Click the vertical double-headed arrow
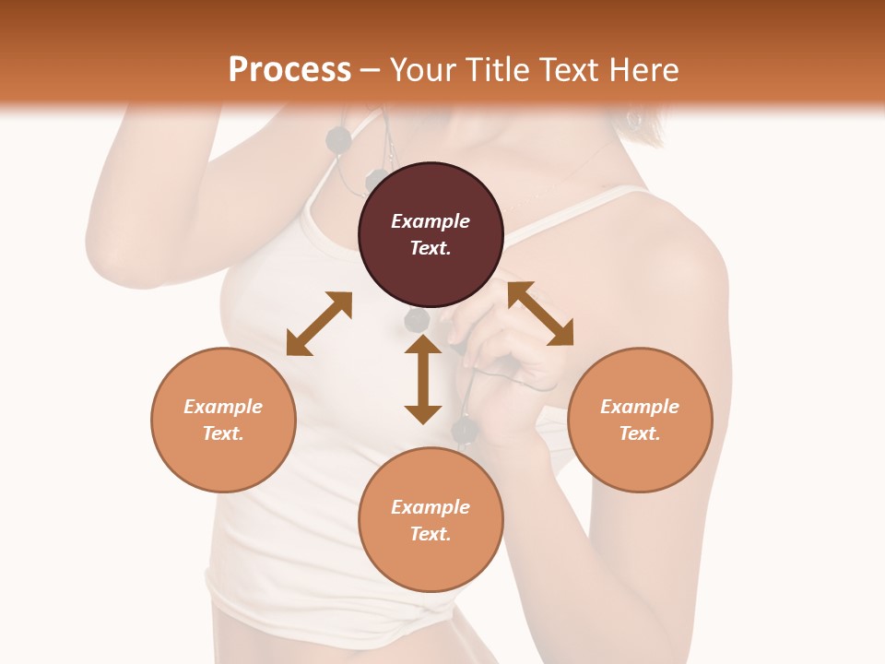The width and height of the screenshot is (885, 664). [x=423, y=379]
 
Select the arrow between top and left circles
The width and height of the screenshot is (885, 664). [x=319, y=324]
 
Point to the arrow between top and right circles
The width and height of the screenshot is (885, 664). [x=540, y=314]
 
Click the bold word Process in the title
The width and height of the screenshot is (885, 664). [x=289, y=70]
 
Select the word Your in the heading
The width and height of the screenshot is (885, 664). [x=420, y=70]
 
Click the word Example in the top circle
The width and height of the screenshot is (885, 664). [x=431, y=221]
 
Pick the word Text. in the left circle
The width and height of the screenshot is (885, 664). [x=223, y=433]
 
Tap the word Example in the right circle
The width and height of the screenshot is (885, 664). [x=640, y=407]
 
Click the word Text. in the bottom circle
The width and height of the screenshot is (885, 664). [x=431, y=534]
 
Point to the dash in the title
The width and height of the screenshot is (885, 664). [x=371, y=70]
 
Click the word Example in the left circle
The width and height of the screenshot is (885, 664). [x=223, y=407]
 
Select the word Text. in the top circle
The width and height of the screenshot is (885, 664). [x=431, y=248]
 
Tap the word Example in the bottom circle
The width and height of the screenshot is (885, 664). [x=431, y=507]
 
